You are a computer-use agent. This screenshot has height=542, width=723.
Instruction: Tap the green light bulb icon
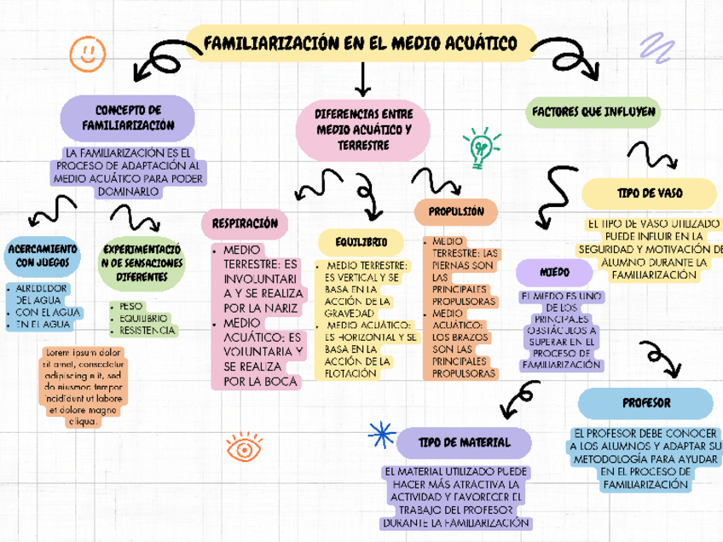(480, 147)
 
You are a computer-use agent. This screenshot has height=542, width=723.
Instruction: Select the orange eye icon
(243, 447)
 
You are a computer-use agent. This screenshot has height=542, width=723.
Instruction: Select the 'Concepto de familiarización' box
(128, 118)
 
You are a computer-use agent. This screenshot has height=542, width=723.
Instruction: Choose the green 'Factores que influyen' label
(593, 112)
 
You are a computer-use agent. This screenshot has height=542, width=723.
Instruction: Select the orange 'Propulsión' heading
(456, 211)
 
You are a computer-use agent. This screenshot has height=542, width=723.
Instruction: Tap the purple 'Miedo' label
(554, 273)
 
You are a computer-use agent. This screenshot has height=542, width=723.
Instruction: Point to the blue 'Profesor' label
(646, 402)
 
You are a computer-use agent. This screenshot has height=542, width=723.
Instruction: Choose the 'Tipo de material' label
(464, 442)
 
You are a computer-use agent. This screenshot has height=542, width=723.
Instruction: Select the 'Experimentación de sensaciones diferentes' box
(142, 262)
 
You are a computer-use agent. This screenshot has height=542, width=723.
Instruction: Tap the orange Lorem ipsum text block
(84, 387)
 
